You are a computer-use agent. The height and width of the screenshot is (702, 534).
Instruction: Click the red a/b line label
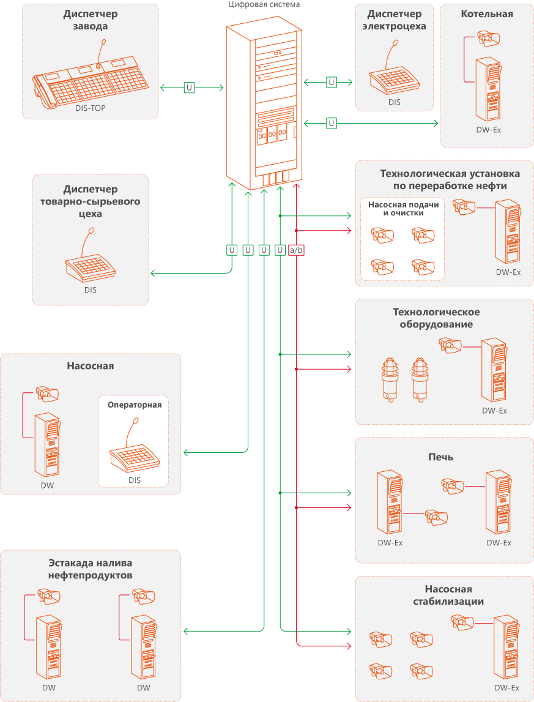click(x=296, y=250)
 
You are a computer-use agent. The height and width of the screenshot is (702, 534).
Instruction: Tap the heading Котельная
click(x=487, y=13)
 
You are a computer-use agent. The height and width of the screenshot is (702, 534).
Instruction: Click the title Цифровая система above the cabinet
click(x=264, y=4)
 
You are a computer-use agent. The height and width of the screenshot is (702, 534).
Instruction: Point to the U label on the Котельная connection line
click(x=332, y=123)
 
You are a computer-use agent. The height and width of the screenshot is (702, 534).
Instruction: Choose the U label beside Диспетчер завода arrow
click(x=189, y=88)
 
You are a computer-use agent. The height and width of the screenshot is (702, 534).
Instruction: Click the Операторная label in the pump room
click(x=135, y=405)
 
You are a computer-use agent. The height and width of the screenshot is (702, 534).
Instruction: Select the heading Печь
click(x=440, y=457)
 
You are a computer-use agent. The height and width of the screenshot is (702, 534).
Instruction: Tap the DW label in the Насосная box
click(x=48, y=485)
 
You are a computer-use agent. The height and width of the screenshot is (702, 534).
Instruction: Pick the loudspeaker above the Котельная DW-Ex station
click(x=490, y=40)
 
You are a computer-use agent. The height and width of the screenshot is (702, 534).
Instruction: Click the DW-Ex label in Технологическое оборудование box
click(x=494, y=411)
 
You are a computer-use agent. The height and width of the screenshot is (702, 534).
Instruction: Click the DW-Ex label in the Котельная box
click(x=488, y=130)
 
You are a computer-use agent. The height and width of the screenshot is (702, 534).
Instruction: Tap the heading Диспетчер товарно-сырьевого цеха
click(x=90, y=202)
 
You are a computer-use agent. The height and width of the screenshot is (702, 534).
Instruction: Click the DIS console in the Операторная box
click(x=133, y=452)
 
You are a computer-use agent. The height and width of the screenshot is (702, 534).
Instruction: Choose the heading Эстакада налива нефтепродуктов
click(x=90, y=569)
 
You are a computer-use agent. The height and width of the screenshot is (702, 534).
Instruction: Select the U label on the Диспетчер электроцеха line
click(x=332, y=81)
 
